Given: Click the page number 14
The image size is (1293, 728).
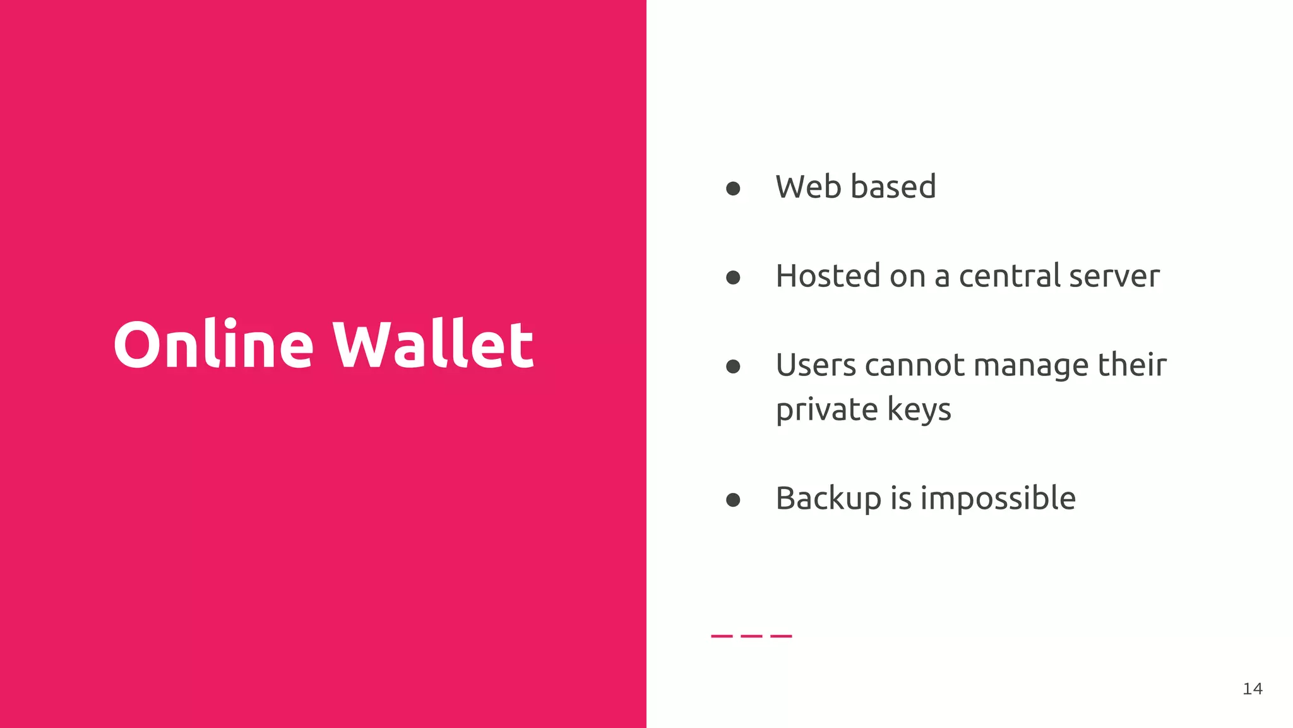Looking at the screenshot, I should click(1253, 689).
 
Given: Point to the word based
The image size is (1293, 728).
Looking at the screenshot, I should click(893, 187).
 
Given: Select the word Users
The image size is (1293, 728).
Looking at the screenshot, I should click(815, 365).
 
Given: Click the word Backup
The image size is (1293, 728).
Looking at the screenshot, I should click(828, 499).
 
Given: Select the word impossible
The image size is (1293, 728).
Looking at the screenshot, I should click(998, 499).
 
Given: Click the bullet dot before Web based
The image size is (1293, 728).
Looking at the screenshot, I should click(733, 188).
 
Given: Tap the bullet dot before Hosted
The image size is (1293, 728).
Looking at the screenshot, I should click(733, 277).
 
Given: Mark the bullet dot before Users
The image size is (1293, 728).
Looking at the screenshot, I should click(733, 367).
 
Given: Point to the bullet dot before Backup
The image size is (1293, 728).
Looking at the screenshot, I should click(733, 500).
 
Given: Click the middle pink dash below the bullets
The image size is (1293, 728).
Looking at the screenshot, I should click(751, 636).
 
